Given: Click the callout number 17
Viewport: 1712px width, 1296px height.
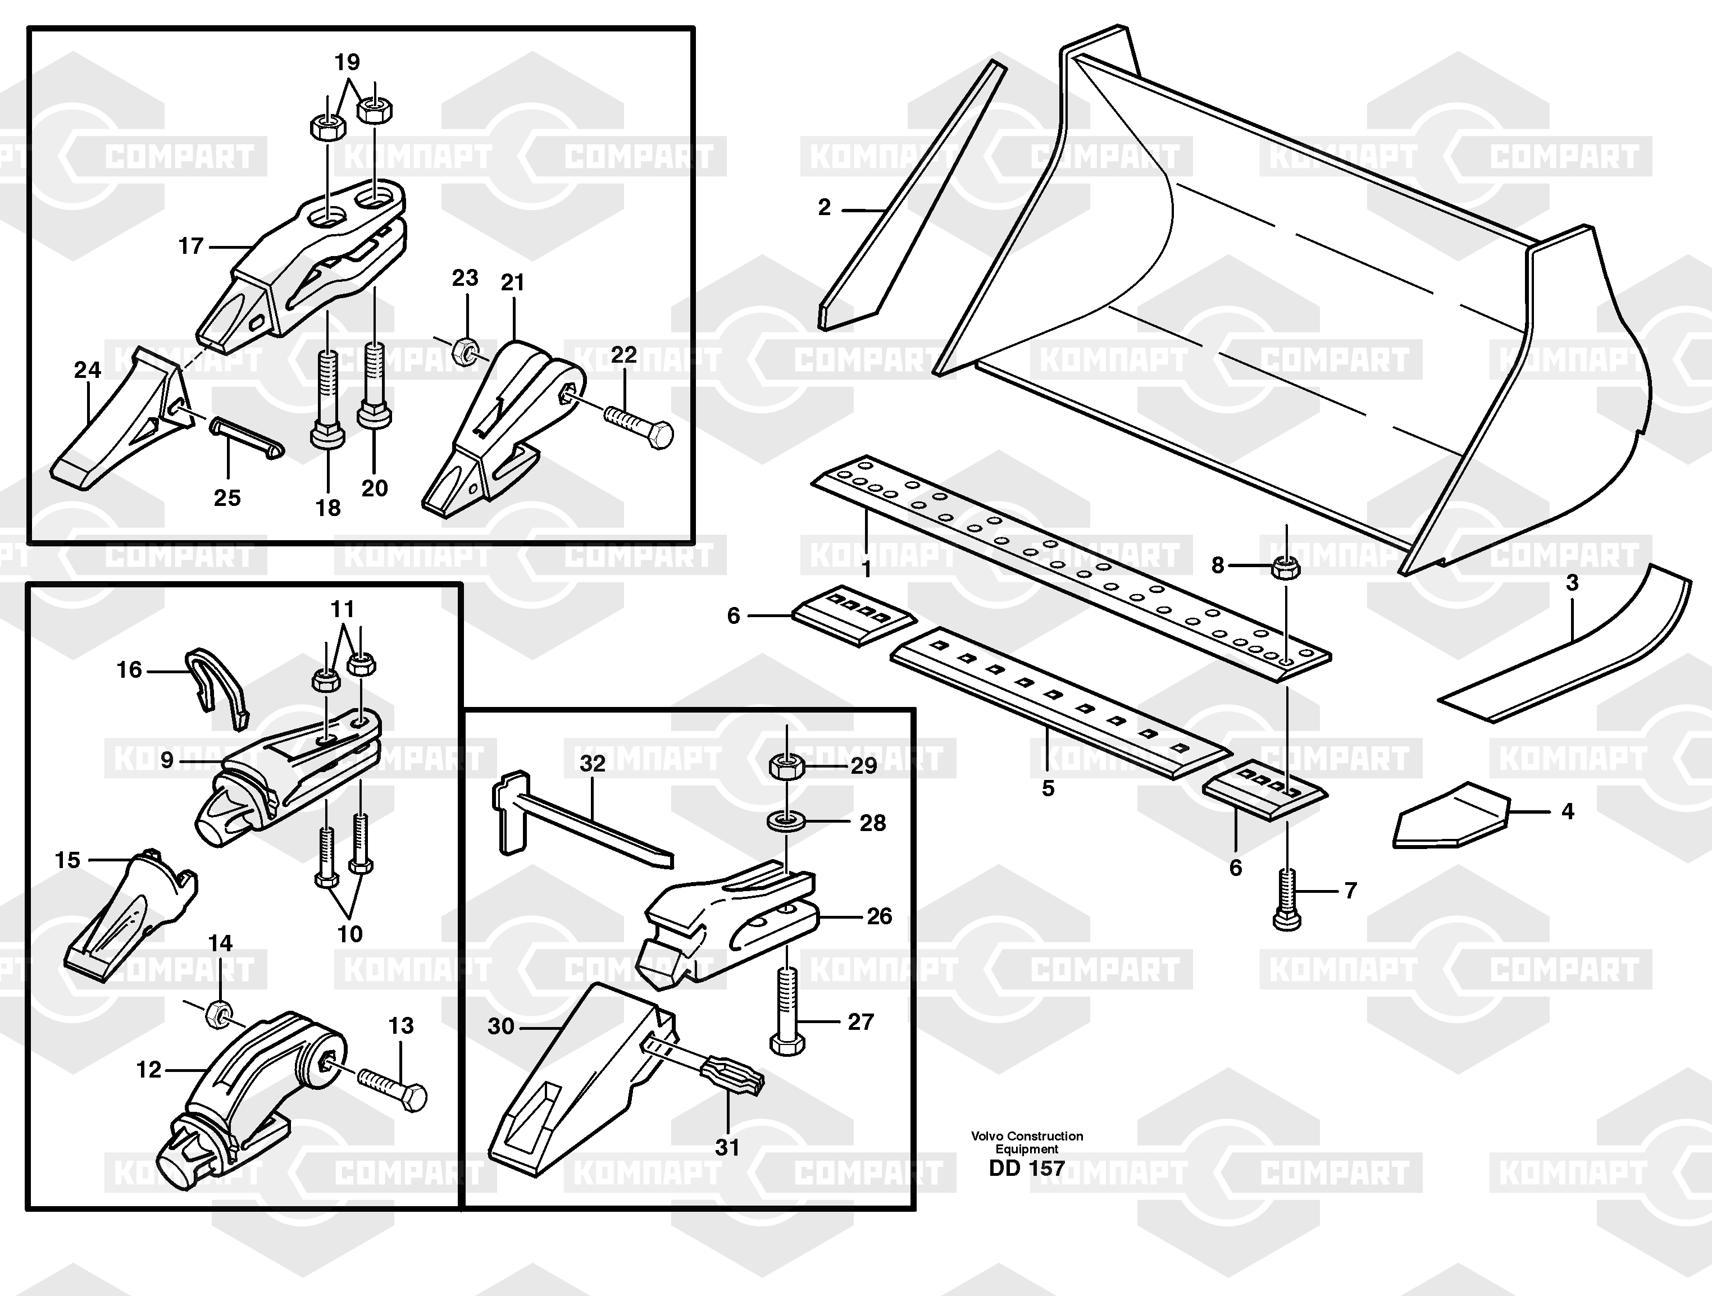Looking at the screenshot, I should (190, 246).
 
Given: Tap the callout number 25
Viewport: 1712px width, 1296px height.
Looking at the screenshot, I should (227, 498).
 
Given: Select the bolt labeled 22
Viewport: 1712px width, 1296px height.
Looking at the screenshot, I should (639, 426).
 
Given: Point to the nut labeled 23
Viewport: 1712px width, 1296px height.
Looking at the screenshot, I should (465, 352).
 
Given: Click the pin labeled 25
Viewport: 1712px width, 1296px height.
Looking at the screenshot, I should (245, 437).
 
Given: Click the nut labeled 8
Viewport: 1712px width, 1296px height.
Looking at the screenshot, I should (1286, 567).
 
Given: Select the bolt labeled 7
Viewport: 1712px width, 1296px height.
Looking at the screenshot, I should (1286, 900).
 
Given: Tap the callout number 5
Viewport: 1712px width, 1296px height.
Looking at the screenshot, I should (1048, 788).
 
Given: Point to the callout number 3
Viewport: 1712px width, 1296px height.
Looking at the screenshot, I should (1572, 583).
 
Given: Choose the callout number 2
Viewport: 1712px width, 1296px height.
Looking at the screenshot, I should (825, 207).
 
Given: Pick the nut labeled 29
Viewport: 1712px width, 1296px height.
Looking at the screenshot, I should (787, 768).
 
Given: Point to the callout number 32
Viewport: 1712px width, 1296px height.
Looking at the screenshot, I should (593, 763).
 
